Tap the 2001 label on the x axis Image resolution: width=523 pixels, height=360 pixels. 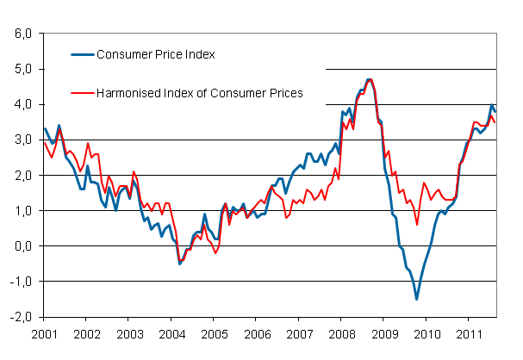point(45,332)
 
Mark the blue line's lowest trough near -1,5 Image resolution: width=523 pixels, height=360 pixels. point(417,299)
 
